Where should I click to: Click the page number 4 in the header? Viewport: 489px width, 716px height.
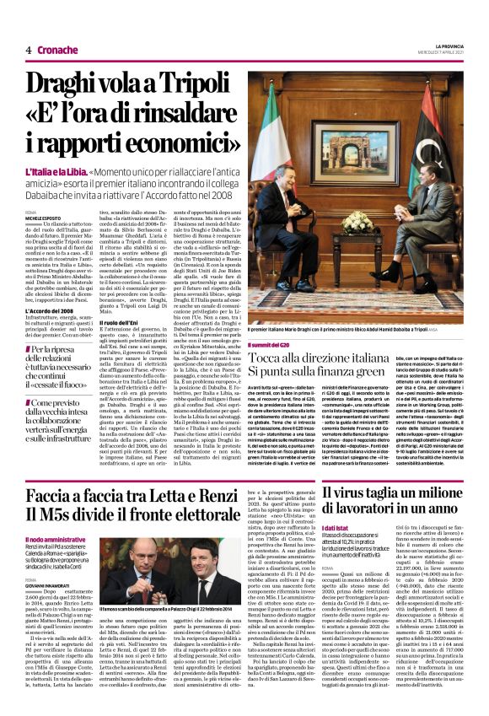coord(29,50)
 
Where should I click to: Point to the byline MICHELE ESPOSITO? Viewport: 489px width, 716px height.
coord(45,218)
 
